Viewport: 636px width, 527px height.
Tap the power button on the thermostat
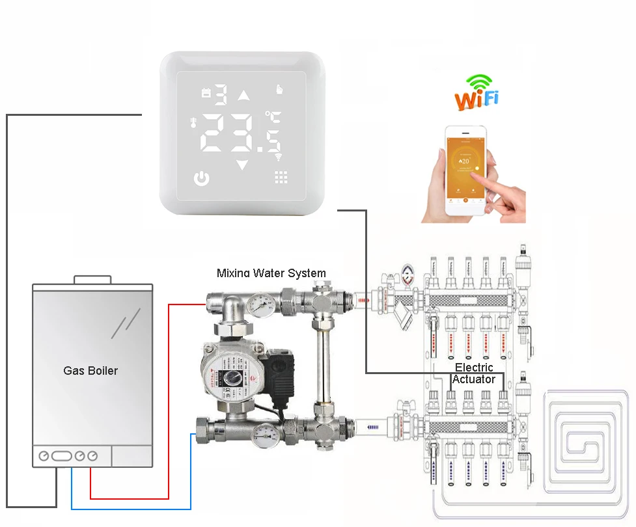[x=202, y=178]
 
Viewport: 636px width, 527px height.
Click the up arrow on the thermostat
[x=243, y=96]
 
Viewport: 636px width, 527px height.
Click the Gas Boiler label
[x=90, y=370]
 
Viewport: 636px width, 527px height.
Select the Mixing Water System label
[x=271, y=273]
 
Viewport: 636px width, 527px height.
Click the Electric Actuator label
[x=474, y=373]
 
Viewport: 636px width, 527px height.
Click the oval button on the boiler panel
[x=62, y=456]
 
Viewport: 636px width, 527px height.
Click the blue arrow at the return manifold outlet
[x=372, y=427]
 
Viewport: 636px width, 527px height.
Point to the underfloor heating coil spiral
[x=590, y=442]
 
